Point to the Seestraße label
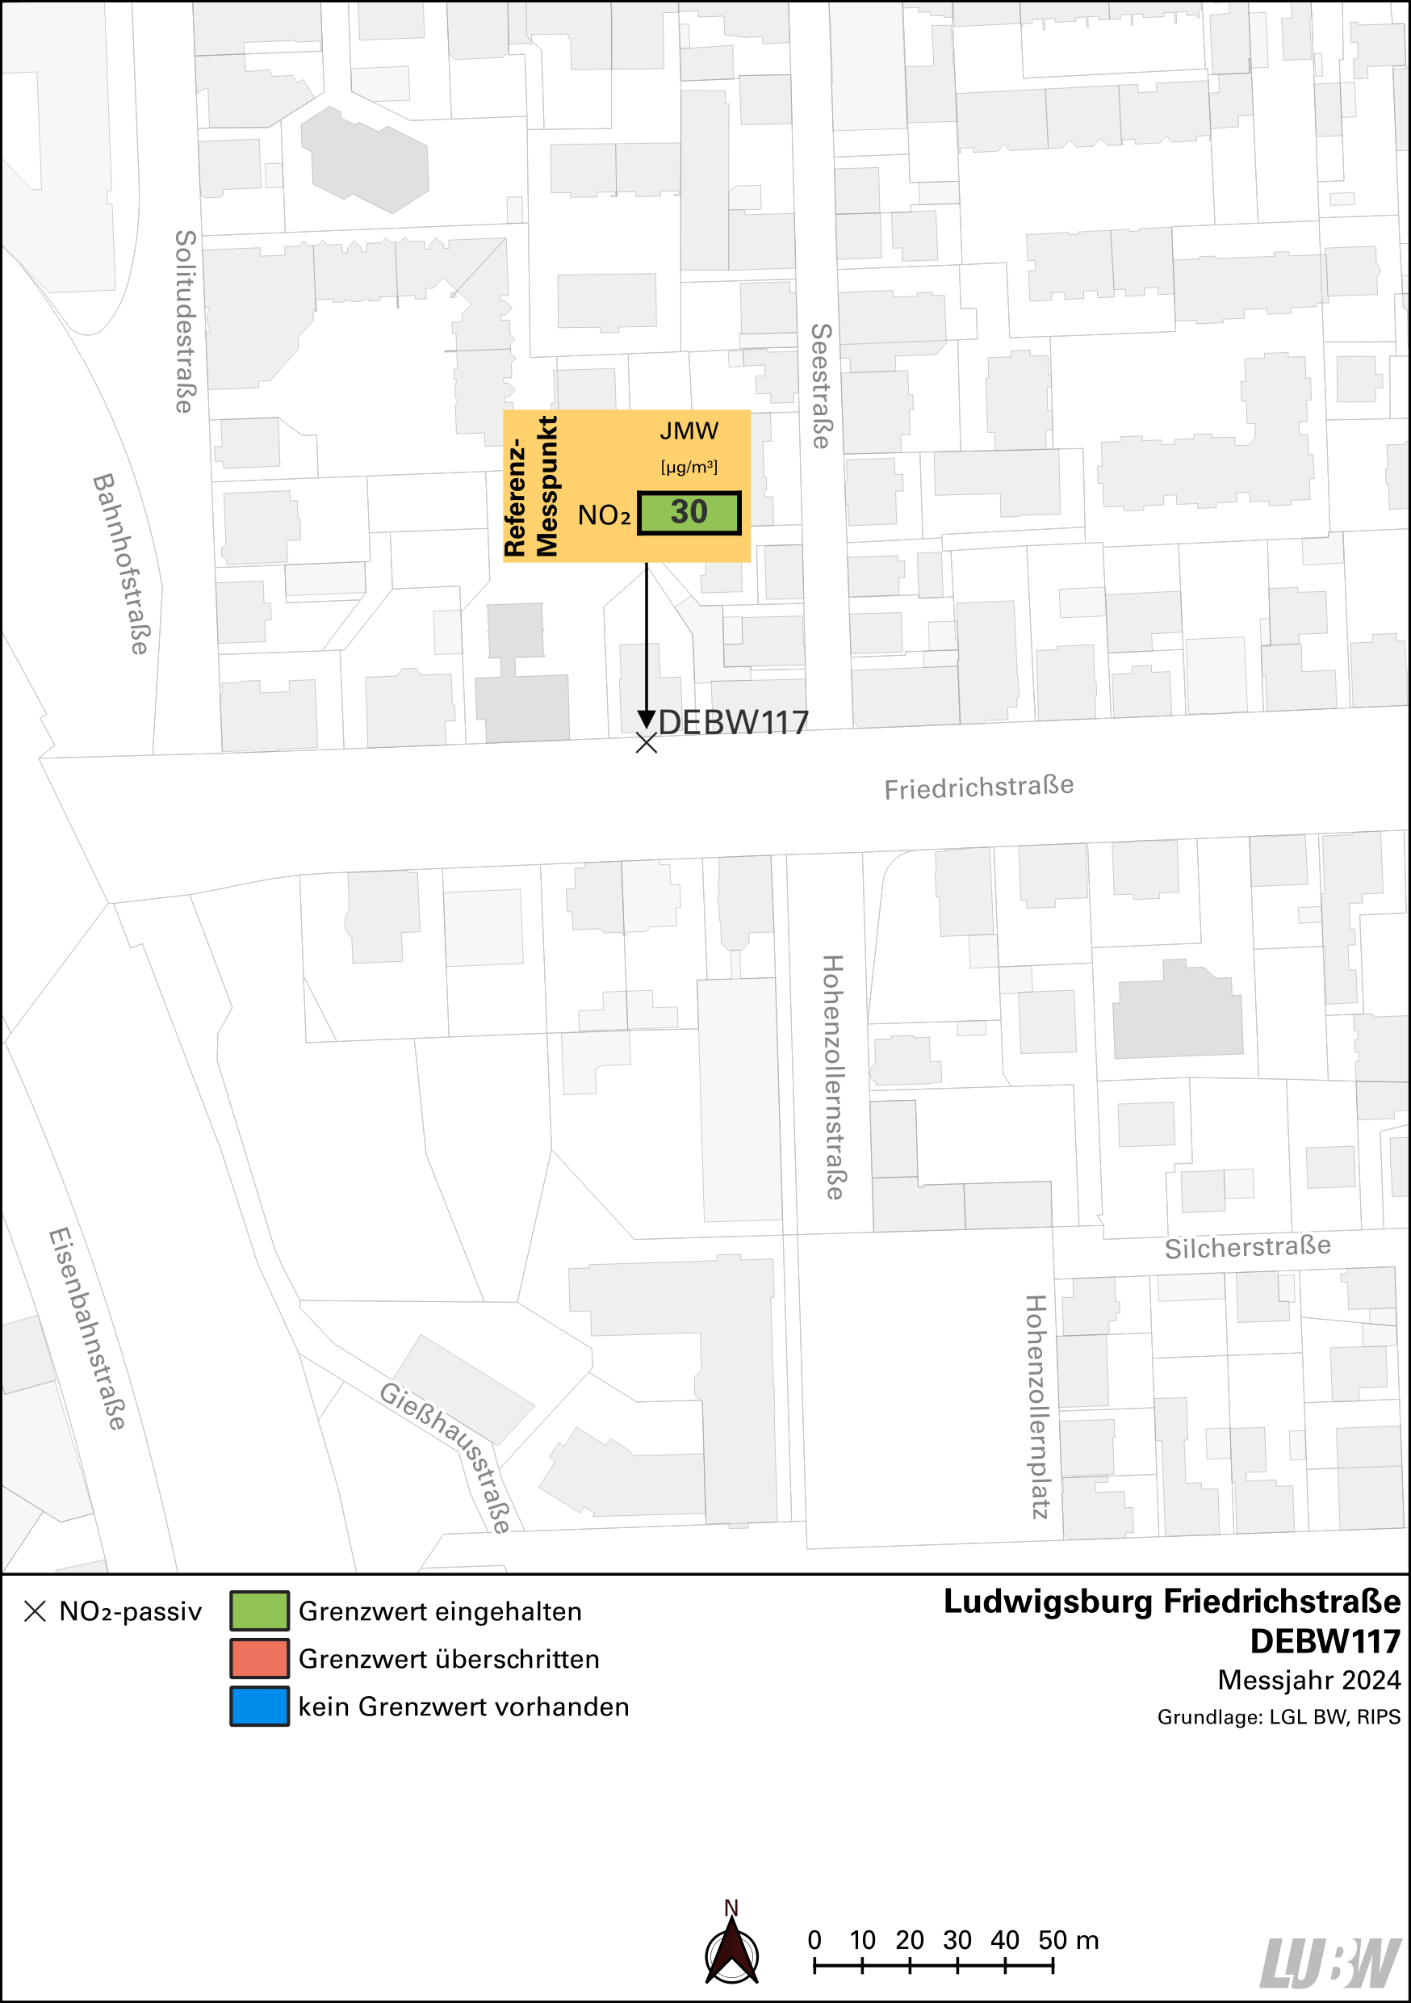821,387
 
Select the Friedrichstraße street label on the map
978,787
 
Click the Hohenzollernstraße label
833,1077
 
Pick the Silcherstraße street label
1247,1248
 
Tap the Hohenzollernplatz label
1036,1406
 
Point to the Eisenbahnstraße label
87,1329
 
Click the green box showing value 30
689,513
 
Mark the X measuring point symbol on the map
647,742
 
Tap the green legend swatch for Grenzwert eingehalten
259,1610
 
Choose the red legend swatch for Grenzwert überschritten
259,1658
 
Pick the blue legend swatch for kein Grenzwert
259,1707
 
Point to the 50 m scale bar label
1067,1939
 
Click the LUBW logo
1330,1963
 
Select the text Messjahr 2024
1308,1679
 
